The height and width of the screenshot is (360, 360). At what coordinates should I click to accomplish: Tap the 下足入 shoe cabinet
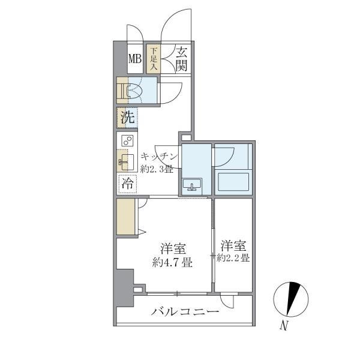[154, 59]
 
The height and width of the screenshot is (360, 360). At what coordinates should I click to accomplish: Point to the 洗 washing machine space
[127, 118]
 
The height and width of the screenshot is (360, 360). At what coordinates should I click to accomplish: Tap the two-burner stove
[127, 142]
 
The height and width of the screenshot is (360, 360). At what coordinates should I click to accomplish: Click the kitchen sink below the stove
[126, 161]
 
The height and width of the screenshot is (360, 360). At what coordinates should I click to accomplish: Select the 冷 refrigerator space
[127, 184]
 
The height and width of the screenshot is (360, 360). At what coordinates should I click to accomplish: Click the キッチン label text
[159, 157]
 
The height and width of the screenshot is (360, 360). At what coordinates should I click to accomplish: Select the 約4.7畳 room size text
[172, 262]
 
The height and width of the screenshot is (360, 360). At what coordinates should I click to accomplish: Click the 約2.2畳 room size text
[233, 259]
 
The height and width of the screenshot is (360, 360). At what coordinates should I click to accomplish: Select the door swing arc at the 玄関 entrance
[178, 42]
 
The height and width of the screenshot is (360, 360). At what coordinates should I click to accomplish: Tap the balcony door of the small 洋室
[229, 300]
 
